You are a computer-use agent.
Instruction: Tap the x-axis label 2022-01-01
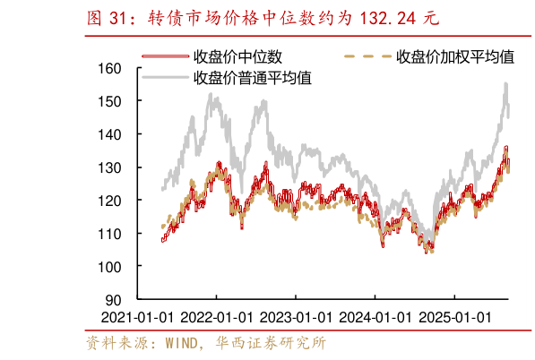216,317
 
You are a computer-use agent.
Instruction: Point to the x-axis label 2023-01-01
295,317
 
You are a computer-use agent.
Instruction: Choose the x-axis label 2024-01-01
375,317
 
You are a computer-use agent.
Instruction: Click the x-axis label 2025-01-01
454,317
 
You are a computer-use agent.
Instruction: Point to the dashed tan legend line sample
367,57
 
